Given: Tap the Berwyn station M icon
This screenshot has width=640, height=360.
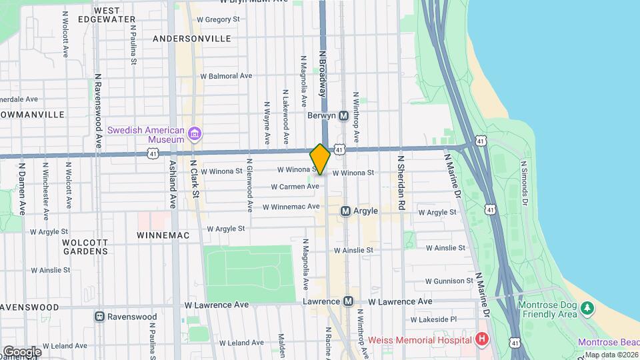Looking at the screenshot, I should click(344, 115).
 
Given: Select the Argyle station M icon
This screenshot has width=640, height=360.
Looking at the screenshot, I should click(345, 211).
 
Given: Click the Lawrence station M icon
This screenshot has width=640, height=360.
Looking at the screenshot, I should click(348, 302).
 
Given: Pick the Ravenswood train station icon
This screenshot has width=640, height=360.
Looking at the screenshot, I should click(100, 317).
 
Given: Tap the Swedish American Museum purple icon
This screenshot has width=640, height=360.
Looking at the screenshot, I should click(194, 135).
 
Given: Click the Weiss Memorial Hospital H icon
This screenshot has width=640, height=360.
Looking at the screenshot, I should click(482, 339).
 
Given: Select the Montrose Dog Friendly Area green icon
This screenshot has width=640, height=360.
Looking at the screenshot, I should click(587, 308).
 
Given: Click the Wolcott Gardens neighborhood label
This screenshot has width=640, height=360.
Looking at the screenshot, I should click(85, 247).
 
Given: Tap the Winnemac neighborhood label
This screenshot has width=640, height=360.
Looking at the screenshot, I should click(163, 235).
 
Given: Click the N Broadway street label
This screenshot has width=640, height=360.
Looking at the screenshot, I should click(322, 73).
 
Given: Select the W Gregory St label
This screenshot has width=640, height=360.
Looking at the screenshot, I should click(212, 20).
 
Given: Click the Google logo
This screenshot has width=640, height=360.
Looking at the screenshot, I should click(22, 351).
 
